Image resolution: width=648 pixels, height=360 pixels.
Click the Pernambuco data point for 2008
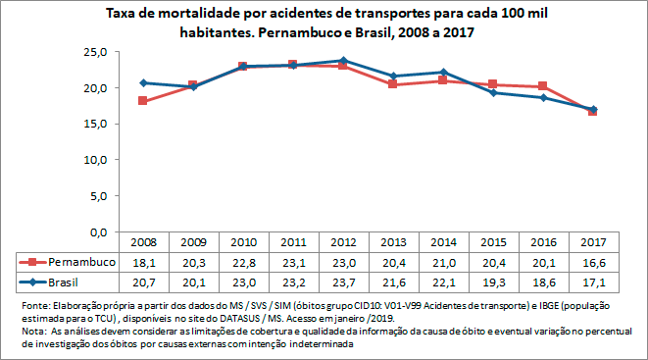tap(143, 101)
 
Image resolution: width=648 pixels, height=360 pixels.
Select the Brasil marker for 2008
tap(143, 82)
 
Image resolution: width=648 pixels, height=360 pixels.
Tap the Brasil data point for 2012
tap(343, 61)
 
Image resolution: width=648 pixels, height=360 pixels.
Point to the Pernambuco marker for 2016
tap(543, 86)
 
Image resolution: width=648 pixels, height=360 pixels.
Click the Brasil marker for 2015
tap(493, 92)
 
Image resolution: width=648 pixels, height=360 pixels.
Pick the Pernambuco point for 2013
tap(393, 84)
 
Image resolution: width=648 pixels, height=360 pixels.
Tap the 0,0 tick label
tap(96, 231)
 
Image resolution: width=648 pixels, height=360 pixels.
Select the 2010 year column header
tap(243, 242)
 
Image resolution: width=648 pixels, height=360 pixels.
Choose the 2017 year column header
tap(593, 242)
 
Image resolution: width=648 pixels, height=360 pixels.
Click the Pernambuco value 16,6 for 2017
tap(593, 263)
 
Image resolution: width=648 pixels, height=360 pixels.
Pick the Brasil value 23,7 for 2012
tap(343, 283)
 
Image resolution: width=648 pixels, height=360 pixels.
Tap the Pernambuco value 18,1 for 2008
tap(143, 263)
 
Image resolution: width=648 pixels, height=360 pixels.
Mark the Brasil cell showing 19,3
tap(493, 283)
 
